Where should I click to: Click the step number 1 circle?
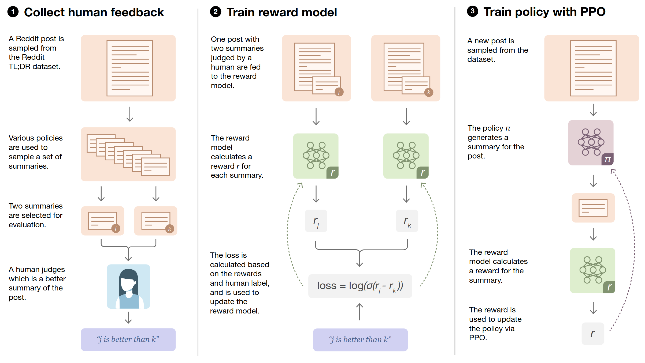13,12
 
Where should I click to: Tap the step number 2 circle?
216,12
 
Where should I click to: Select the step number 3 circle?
472,11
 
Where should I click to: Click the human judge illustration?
128,286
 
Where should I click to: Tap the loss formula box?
360,286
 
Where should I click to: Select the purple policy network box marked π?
591,143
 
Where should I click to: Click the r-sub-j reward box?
316,221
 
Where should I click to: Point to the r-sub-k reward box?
407,221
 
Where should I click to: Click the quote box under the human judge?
128,339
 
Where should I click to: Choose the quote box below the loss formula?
360,340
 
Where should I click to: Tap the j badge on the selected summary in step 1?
116,228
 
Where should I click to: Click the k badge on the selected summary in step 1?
170,229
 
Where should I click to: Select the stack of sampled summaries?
128,155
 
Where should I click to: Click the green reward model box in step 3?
592,270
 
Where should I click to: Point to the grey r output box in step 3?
593,334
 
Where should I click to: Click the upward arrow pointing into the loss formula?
359,312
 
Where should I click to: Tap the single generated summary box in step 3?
593,208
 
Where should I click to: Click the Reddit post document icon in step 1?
130,68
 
